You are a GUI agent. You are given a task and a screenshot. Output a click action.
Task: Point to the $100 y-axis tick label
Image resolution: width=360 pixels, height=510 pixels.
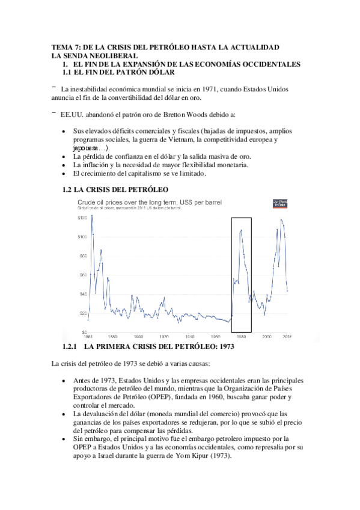click(x=66, y=236)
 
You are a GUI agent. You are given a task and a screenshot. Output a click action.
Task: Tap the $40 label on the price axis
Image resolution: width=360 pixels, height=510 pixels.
click(x=67, y=293)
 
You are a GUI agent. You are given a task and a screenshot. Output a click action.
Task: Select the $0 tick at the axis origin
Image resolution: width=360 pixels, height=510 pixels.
click(x=67, y=331)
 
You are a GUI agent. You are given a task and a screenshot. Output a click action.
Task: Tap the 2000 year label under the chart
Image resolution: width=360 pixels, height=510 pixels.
click(x=267, y=337)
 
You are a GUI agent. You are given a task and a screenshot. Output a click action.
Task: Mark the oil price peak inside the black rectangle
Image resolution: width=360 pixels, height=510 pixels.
click(x=241, y=229)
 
